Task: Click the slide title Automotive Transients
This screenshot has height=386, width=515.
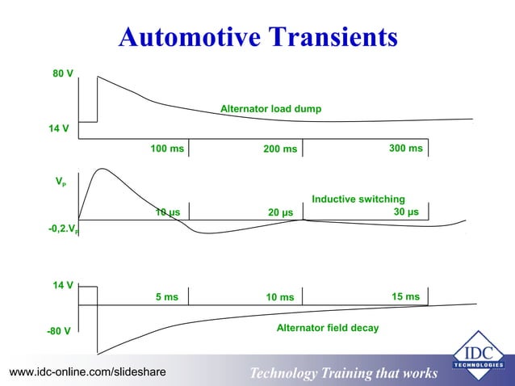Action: (x=257, y=37)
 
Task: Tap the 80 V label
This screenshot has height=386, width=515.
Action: (x=63, y=73)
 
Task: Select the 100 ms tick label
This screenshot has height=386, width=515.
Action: (x=167, y=149)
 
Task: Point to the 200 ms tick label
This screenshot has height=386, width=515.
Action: (x=280, y=149)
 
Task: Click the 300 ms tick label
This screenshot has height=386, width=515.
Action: (x=405, y=149)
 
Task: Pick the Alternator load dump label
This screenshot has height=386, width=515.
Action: (x=270, y=109)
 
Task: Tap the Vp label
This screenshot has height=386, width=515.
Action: (x=61, y=183)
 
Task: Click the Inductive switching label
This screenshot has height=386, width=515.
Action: (x=358, y=199)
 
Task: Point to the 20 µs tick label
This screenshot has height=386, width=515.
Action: (x=280, y=213)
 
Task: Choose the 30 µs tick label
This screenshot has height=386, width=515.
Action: (x=406, y=212)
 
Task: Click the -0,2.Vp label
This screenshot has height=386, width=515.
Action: (x=64, y=229)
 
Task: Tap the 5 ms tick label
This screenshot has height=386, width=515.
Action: (x=166, y=297)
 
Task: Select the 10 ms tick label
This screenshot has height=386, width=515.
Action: (x=280, y=298)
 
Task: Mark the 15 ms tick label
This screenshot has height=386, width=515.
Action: (x=406, y=297)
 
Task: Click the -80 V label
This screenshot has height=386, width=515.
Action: (x=58, y=331)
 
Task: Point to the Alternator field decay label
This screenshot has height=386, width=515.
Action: (x=328, y=329)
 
